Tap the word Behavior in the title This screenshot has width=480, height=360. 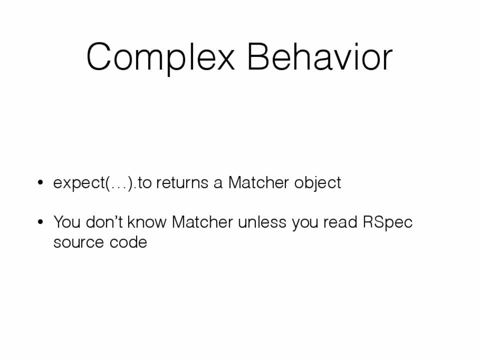(319, 56)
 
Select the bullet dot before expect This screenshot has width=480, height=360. (40, 182)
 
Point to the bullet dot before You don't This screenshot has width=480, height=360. (40, 222)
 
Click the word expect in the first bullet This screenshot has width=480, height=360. (79, 183)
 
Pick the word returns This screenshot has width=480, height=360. (182, 183)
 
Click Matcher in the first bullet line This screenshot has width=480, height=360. (258, 182)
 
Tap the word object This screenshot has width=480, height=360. (317, 183)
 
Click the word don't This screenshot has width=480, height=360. (104, 221)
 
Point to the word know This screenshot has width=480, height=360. (147, 221)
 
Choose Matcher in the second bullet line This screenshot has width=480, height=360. (202, 221)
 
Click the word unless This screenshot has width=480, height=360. (262, 221)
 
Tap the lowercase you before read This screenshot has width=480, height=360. (305, 223)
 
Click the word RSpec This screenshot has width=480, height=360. (387, 222)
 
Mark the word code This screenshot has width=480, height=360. (128, 242)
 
